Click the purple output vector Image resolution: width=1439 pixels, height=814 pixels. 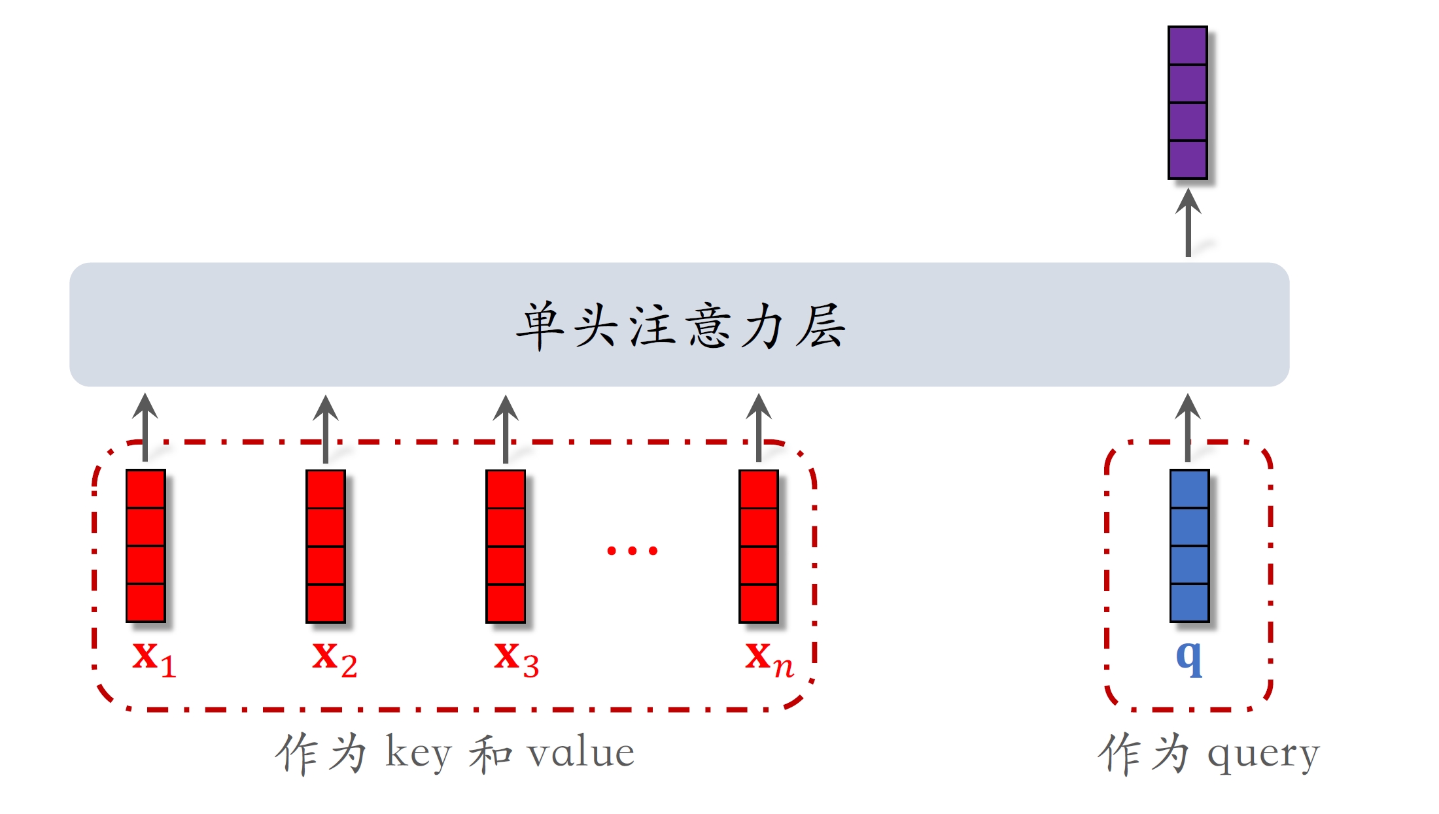(1187, 103)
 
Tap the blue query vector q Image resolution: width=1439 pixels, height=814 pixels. (1189, 546)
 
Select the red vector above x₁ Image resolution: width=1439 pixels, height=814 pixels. (145, 546)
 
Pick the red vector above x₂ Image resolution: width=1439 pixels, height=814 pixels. (326, 546)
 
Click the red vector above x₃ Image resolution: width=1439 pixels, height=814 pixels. (506, 546)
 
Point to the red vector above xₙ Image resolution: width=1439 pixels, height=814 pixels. (759, 546)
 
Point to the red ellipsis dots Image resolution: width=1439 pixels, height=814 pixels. (632, 551)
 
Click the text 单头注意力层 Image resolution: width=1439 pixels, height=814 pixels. (680, 325)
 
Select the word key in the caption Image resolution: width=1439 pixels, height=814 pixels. (418, 753)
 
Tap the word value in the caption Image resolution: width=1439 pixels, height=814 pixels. (581, 753)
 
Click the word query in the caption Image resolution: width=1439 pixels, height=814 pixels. (1262, 755)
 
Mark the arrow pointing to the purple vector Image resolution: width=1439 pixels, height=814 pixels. (1188, 222)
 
